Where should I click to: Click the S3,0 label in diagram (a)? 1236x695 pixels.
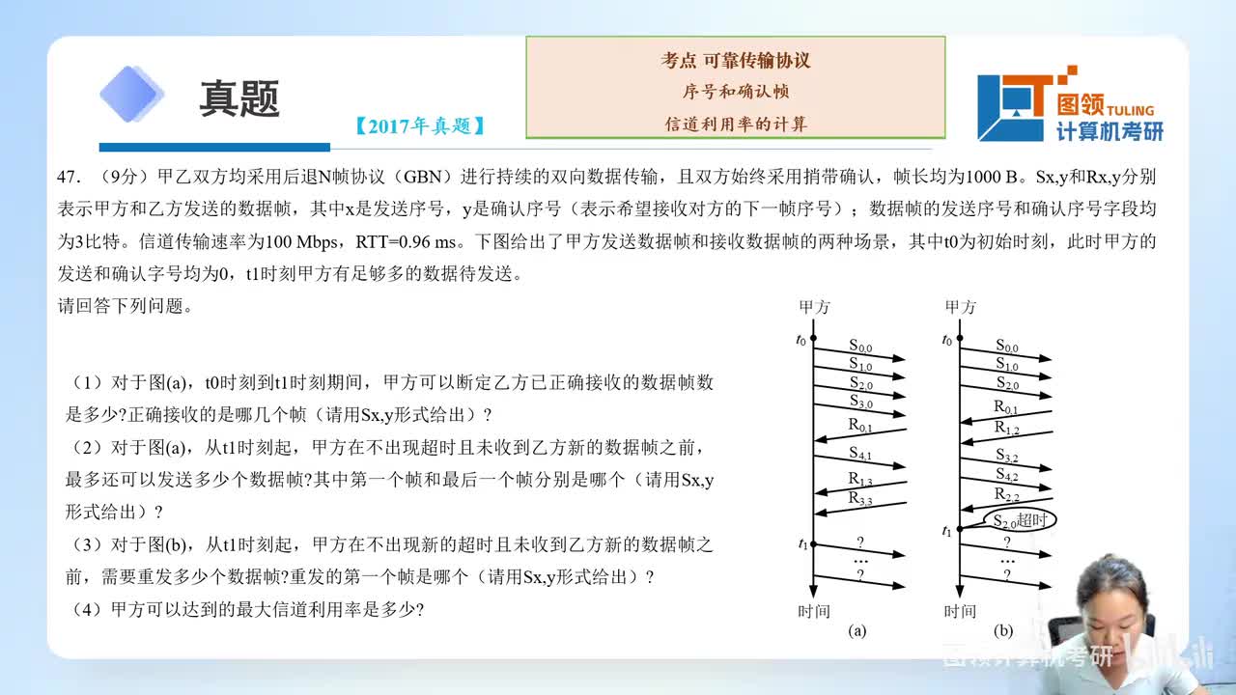coord(860,401)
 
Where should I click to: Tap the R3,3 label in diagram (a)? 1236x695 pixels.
coord(860,498)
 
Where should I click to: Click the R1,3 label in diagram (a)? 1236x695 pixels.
coord(860,480)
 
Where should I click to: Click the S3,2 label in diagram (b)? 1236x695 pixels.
coord(1007,454)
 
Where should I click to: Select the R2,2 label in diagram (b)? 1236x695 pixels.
coord(1007,494)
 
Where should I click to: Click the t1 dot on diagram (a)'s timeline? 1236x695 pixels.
coord(813,544)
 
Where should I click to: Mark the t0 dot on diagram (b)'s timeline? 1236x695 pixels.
coord(959,340)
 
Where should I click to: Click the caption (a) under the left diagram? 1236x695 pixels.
coord(857,631)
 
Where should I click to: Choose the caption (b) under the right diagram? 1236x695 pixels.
coord(1003,631)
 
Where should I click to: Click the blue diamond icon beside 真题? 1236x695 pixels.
coord(132,95)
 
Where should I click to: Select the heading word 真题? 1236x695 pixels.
coord(239,97)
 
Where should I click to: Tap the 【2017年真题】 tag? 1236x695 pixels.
coord(419,125)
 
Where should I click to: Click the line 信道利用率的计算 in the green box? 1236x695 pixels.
coord(736,124)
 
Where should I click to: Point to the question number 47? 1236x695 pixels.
coord(69,177)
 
